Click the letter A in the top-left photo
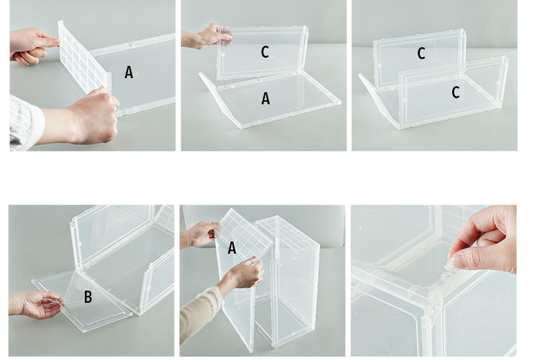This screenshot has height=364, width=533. [x=129, y=72]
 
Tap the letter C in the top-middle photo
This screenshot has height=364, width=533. [x=265, y=52]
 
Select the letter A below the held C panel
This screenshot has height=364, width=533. [x=265, y=99]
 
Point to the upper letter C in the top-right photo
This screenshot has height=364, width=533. [x=421, y=54]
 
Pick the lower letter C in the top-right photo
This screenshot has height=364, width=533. [x=456, y=93]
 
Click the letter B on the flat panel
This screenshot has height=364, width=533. [x=88, y=297]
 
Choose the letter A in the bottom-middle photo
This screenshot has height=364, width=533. [x=232, y=248]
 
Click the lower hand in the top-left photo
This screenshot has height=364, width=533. [x=91, y=118]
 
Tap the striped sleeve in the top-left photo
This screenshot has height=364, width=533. [x=24, y=121]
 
